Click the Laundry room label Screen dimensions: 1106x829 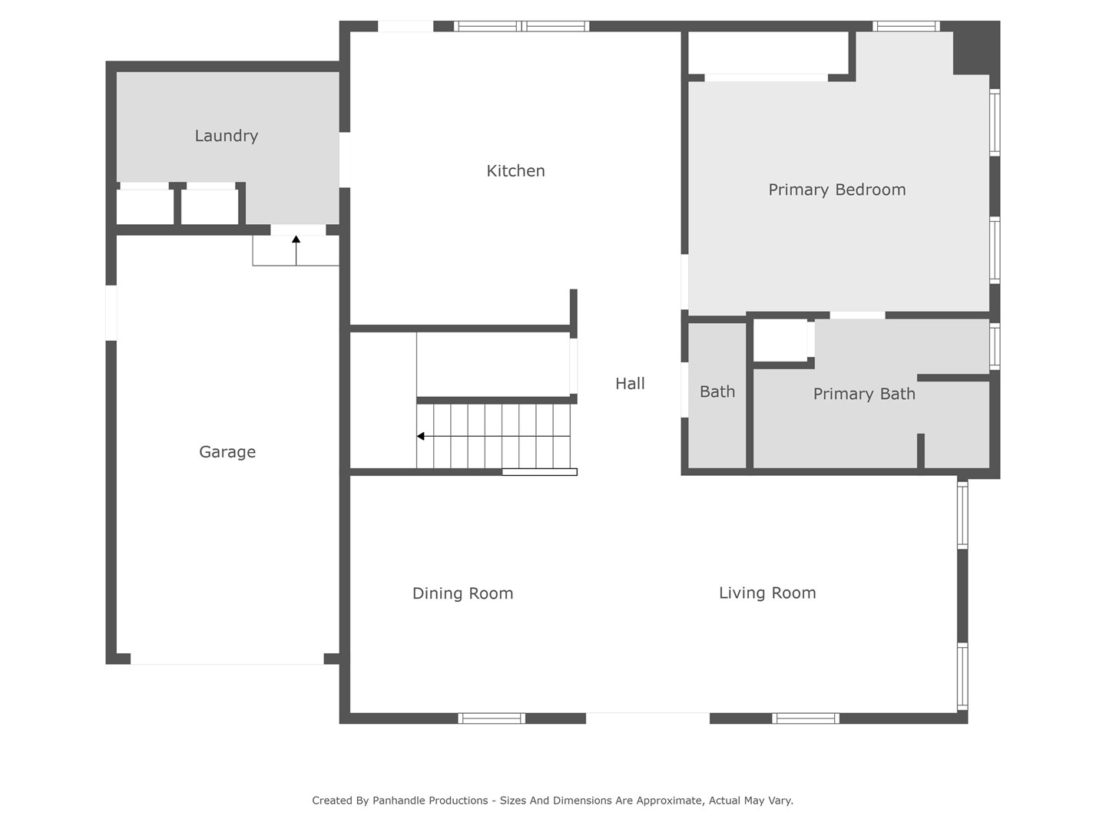pos(227,136)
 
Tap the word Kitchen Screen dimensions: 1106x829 pos(515,171)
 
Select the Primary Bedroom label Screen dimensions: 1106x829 pos(837,190)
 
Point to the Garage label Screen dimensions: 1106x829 pos(227,452)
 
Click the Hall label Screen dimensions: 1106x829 pos(630,384)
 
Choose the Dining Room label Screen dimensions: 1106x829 pos(462,593)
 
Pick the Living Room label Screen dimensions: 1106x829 pos(767,593)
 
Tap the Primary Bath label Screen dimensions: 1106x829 pos(864,394)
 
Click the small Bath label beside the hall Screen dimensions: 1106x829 pos(717,391)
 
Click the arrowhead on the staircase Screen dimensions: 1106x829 pos(420,436)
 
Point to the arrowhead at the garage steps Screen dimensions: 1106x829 pos(296,239)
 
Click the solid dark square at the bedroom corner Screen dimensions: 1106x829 pos(976,48)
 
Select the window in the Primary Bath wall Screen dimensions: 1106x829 pos(995,346)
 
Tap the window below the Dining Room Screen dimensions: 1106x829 pos(492,718)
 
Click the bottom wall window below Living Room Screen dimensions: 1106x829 pos(806,718)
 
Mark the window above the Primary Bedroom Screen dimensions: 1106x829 pos(906,26)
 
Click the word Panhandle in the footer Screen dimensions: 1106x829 pos(430,801)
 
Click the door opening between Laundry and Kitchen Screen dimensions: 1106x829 pos(345,160)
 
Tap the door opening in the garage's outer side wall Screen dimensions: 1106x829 pos(111,312)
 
